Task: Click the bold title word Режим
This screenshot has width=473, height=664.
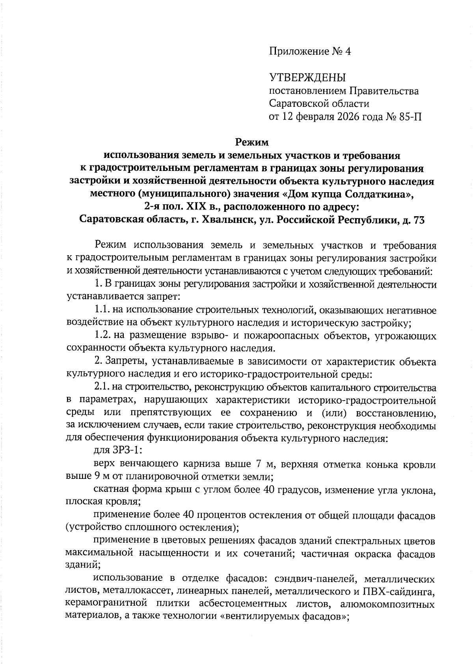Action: click(x=252, y=142)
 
